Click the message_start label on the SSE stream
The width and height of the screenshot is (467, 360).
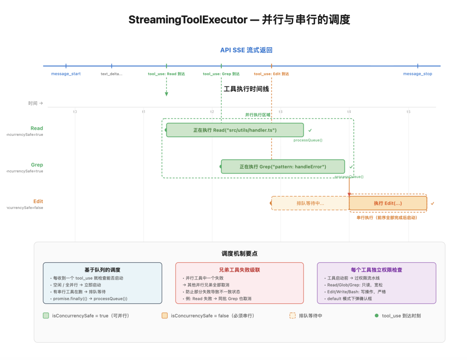point(66,74)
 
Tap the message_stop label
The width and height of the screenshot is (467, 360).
point(417,74)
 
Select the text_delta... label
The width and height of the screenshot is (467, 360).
point(112,74)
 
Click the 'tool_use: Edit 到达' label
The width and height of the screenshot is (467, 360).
point(271,74)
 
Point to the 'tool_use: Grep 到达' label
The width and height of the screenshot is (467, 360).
point(221,74)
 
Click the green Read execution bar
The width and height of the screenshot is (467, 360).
point(235,130)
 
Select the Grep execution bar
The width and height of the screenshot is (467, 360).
point(283,167)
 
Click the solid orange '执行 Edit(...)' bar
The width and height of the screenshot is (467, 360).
point(388,203)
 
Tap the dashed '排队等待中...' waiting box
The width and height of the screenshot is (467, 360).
point(310,203)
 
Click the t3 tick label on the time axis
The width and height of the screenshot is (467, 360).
point(281,112)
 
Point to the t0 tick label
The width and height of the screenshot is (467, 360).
point(75,112)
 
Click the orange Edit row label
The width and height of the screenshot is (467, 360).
point(38,201)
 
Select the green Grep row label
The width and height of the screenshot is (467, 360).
point(37,165)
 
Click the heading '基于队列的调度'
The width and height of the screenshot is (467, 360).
point(102,270)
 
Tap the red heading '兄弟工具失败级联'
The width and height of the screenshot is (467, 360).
point(240,270)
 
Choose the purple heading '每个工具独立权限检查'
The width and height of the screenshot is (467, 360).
point(377,270)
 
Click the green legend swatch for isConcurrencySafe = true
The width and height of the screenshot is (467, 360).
point(46,315)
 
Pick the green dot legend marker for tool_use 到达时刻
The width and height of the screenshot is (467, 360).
point(377,315)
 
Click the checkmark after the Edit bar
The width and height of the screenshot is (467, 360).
point(432,203)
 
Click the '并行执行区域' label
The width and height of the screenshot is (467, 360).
point(258,115)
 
